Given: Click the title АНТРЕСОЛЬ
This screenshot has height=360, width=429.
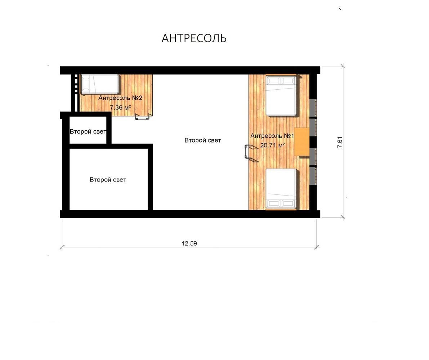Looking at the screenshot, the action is (x=194, y=38).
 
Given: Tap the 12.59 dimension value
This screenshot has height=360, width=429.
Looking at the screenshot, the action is (x=189, y=243).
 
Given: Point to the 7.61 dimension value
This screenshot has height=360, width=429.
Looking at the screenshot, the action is (x=340, y=142).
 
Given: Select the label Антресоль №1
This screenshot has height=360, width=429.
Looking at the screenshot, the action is (x=272, y=136).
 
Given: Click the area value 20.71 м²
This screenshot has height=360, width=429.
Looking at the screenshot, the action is (x=273, y=145).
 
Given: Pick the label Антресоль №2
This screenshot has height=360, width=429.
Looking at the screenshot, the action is (x=120, y=98).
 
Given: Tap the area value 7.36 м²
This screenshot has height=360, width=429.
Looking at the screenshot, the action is (x=120, y=107).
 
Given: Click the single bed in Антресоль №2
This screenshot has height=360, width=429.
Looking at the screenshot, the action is (x=100, y=85).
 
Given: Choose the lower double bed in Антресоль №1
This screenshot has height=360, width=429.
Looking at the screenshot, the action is (x=281, y=189).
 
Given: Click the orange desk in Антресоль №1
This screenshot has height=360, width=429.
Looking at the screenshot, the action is (x=302, y=141).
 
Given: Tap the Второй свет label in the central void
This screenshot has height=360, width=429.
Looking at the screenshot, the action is (x=203, y=140).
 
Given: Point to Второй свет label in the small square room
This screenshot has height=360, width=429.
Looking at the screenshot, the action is (x=88, y=132).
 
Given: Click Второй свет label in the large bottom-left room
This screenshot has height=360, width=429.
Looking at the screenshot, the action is (x=108, y=180).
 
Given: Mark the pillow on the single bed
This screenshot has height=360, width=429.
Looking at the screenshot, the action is (x=86, y=85).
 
